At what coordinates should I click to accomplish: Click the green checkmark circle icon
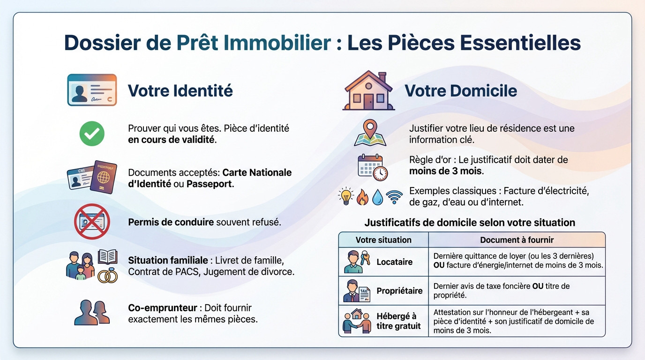point(92,134)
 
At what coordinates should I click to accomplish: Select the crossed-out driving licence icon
point(92,222)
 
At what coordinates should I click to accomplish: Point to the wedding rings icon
point(107,276)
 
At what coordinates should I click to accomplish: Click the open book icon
point(107,257)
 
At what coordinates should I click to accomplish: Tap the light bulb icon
point(346,197)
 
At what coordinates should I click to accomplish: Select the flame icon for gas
point(362,197)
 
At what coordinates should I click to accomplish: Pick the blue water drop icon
point(378,197)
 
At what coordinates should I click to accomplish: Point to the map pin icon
point(370,133)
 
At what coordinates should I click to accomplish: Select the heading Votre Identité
point(180,90)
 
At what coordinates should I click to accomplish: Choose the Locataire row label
point(394,262)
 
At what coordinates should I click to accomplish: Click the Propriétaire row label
point(399,291)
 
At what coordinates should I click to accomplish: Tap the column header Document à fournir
point(517,240)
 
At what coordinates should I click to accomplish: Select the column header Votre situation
point(383,240)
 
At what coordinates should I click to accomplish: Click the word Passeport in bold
point(209,184)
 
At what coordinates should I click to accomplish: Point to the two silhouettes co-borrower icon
point(92,313)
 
